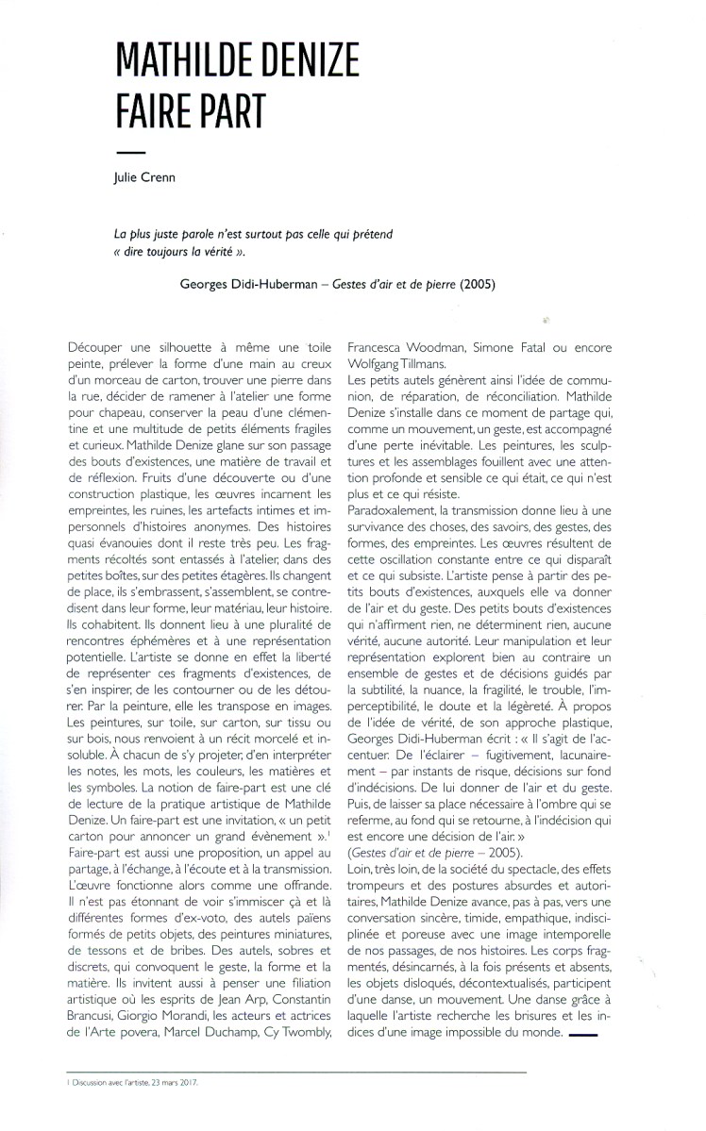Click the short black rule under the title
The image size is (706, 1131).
tap(131, 154)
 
